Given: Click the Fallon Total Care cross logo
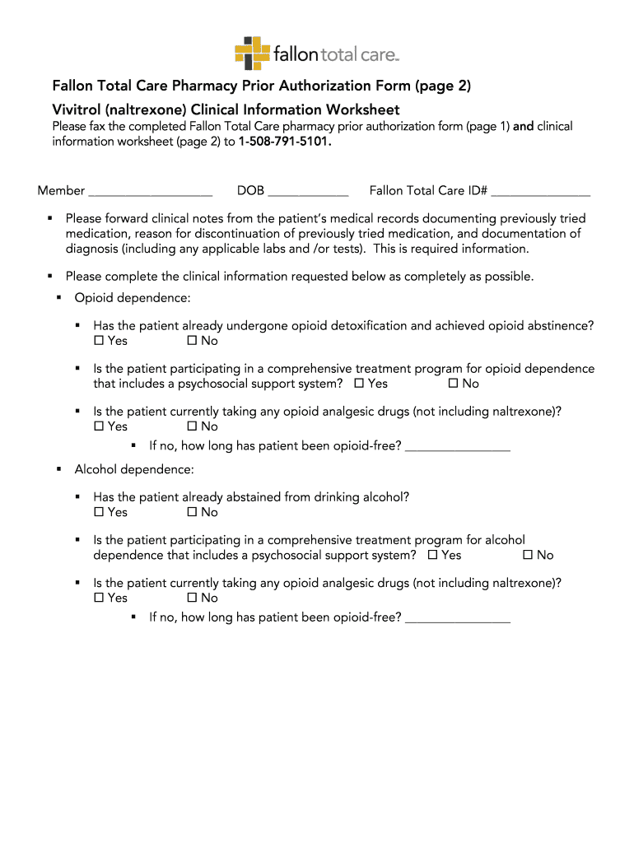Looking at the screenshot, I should pos(252,54).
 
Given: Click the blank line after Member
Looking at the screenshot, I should pos(150,192).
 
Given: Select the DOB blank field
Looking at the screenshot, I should pos(308,192).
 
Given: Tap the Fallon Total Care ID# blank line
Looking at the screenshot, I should pos(541,192).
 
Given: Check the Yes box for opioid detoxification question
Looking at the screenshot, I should pos(100,341).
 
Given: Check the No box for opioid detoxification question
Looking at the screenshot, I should pos(192,341).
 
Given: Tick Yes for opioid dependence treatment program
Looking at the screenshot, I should pos(360,384).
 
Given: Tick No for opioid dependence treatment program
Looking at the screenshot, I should pos(453,384).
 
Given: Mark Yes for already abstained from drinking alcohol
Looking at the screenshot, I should pos(100,512).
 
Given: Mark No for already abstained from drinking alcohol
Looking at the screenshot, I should pos(192,512).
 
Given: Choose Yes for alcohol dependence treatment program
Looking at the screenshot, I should pos(433,555).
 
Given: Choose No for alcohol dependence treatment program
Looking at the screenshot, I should pos(528,555).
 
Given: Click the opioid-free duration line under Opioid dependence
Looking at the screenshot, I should pos(458,447).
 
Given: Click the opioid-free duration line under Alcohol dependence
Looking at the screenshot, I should pos(458,618).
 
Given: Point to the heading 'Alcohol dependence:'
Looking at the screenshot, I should pos(134,469).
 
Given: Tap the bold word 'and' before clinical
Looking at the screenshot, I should pos(523,127).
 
